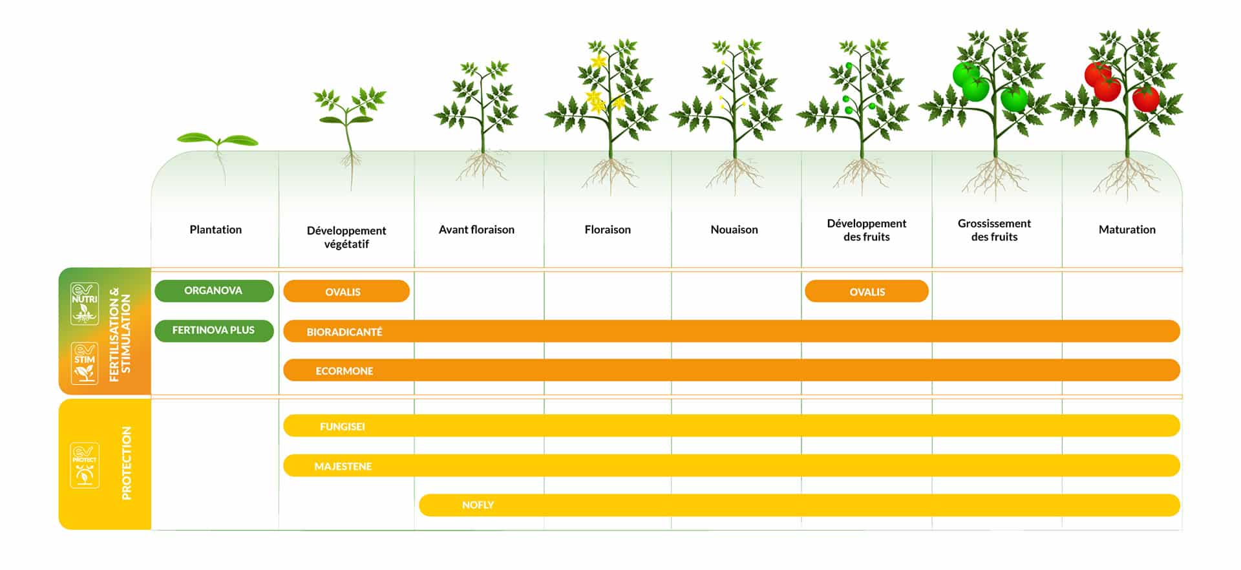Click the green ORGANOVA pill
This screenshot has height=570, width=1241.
(214, 291)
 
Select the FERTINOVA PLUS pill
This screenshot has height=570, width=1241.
(214, 330)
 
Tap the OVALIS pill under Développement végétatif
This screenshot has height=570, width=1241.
(346, 291)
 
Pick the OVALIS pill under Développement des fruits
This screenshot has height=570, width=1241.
(867, 291)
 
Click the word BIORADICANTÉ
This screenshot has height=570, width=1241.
(345, 332)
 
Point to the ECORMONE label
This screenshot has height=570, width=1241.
(345, 371)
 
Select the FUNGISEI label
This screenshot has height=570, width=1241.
(343, 427)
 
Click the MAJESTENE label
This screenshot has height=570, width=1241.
(343, 467)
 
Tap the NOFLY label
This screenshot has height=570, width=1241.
(478, 505)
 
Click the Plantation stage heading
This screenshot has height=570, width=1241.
(216, 229)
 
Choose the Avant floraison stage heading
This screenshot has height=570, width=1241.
(477, 229)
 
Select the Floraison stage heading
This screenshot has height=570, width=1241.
(608, 229)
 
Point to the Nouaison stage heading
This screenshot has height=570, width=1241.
(734, 229)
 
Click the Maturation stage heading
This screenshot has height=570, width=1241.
(1127, 229)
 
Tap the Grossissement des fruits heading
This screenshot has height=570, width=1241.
(995, 230)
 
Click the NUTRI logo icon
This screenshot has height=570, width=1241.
(85, 303)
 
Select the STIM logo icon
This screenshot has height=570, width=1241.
(85, 363)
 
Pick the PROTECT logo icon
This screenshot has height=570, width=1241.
(85, 465)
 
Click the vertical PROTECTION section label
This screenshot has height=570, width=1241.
(127, 463)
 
